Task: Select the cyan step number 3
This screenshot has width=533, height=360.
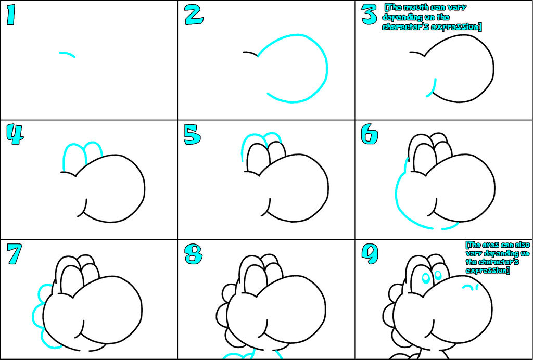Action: point(369,15)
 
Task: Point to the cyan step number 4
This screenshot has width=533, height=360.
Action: point(15,135)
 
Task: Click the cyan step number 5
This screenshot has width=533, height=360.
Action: point(192,135)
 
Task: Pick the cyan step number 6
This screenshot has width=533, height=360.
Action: point(369,135)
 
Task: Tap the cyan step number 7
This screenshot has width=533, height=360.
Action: point(15,254)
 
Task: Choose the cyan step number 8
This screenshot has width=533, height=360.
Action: point(194,254)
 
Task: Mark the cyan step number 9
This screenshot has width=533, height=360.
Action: point(370,254)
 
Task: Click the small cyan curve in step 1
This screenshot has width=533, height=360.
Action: point(67,53)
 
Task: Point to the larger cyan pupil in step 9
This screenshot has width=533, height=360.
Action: point(426,278)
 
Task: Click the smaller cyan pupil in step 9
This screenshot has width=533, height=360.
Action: point(438,275)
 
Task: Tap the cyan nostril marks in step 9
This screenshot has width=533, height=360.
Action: point(471,287)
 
